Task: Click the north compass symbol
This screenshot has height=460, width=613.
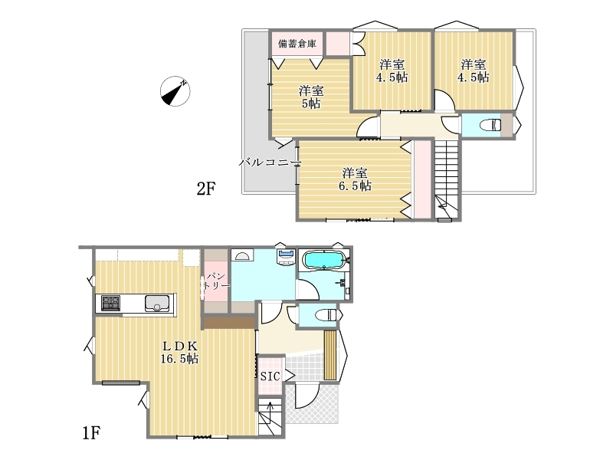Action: pos(175,91)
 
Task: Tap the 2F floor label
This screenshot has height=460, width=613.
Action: pos(206,189)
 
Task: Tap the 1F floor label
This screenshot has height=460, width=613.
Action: pos(91,433)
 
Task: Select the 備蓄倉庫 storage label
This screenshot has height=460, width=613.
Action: pos(297,44)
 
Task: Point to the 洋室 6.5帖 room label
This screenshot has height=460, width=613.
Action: pos(355,179)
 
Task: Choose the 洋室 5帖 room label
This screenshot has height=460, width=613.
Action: pos(311,97)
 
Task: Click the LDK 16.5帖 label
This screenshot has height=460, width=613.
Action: pos(179,352)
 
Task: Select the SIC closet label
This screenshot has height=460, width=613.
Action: pos(270,376)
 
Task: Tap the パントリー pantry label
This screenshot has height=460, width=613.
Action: pos(216,281)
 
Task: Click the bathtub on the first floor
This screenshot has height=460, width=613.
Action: pos(324,261)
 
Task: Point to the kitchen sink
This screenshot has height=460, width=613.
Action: pos(157,303)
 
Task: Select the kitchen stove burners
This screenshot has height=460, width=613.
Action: pos(111,303)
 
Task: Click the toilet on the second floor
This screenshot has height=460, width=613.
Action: pos(490,125)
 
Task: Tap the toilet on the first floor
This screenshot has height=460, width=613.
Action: pos(326,315)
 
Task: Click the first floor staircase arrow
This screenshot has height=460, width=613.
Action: pos(270,416)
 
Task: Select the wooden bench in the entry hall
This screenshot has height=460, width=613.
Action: pos(330,355)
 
